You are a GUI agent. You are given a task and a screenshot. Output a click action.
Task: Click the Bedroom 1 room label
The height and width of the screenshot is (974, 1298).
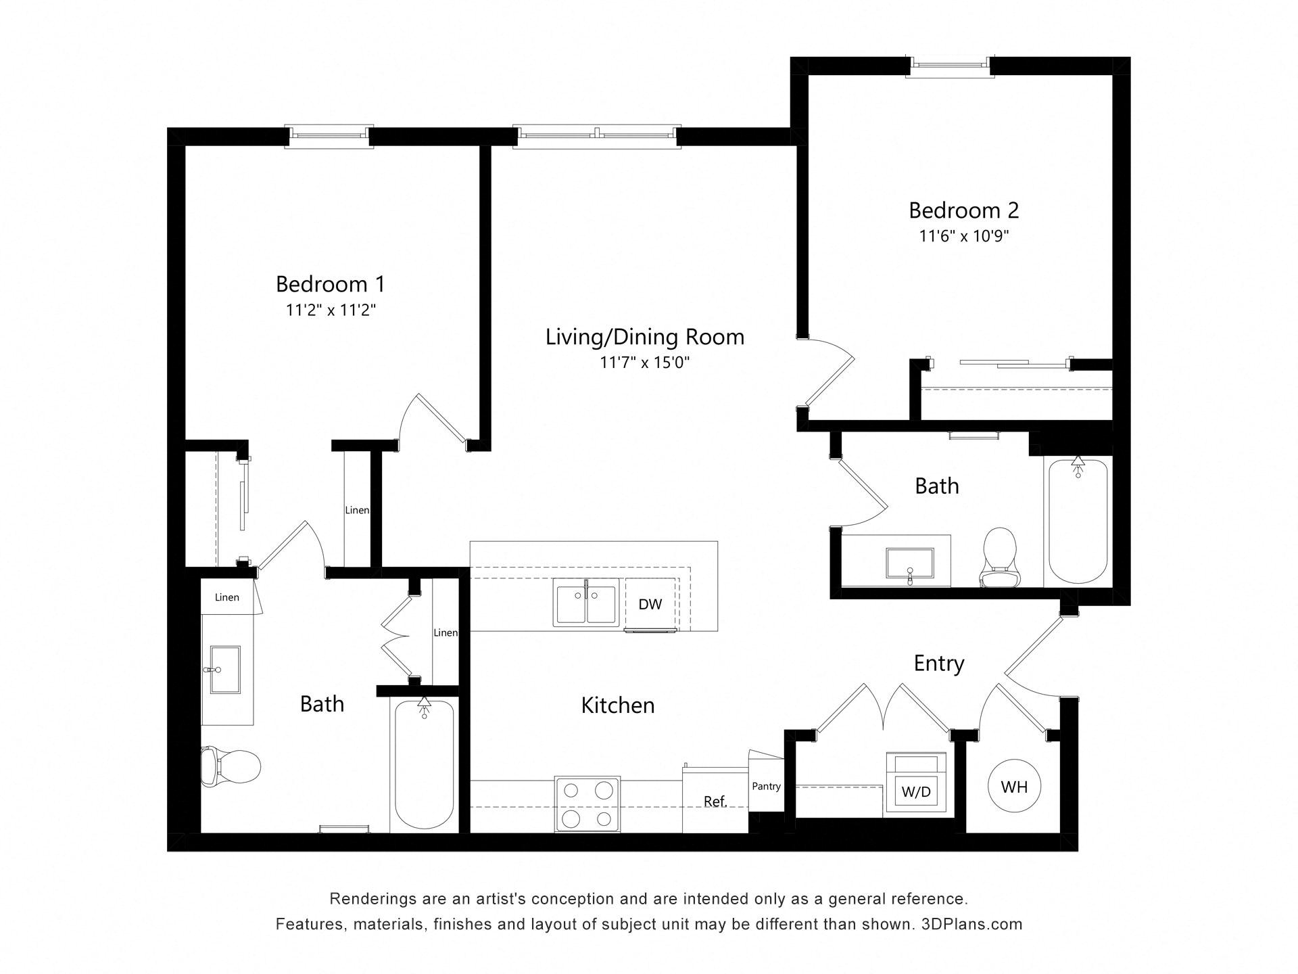330,283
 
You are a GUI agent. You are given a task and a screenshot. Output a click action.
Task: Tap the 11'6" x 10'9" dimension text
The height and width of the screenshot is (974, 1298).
963,236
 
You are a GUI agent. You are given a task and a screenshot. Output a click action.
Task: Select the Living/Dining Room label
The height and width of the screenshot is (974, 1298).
644,337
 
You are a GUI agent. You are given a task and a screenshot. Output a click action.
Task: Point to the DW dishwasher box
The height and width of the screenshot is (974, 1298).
650,604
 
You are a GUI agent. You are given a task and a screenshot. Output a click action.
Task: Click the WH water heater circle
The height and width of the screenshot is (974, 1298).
1014,787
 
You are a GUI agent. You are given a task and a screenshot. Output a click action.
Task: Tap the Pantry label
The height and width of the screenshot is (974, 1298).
766,786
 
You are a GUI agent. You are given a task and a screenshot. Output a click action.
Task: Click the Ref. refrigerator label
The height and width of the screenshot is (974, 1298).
715,802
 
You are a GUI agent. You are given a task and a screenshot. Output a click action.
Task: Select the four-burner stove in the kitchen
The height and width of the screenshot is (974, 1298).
587,804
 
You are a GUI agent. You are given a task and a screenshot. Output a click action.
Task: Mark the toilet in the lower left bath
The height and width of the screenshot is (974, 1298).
231,766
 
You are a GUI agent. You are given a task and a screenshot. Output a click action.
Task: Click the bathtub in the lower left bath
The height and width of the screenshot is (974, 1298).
424,764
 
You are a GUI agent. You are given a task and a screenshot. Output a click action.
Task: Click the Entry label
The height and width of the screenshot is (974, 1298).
938,664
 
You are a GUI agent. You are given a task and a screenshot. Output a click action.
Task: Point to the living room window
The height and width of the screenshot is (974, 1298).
596,135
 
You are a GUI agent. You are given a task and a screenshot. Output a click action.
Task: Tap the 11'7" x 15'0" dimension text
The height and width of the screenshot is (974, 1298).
644,363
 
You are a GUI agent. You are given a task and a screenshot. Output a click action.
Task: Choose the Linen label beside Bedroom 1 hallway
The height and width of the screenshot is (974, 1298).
357,510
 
